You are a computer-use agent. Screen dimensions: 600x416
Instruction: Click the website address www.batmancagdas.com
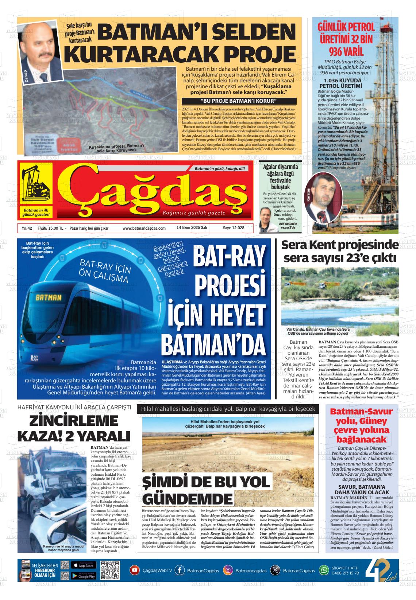144,228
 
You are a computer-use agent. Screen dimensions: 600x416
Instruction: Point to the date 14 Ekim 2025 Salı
192,228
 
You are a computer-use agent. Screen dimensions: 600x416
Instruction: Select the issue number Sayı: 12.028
234,228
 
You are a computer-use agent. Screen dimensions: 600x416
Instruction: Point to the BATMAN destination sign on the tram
48,297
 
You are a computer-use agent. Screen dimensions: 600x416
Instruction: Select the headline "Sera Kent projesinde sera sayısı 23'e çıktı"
339,251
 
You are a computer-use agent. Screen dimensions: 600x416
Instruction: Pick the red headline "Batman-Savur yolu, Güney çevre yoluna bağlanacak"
361,425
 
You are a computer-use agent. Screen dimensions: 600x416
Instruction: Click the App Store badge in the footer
84,565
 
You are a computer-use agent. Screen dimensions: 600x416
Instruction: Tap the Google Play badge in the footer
84,576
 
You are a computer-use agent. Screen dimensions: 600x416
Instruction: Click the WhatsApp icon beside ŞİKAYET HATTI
324,570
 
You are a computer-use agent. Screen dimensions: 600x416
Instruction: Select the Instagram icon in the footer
228,570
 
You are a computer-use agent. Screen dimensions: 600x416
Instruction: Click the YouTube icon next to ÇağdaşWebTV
135,570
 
